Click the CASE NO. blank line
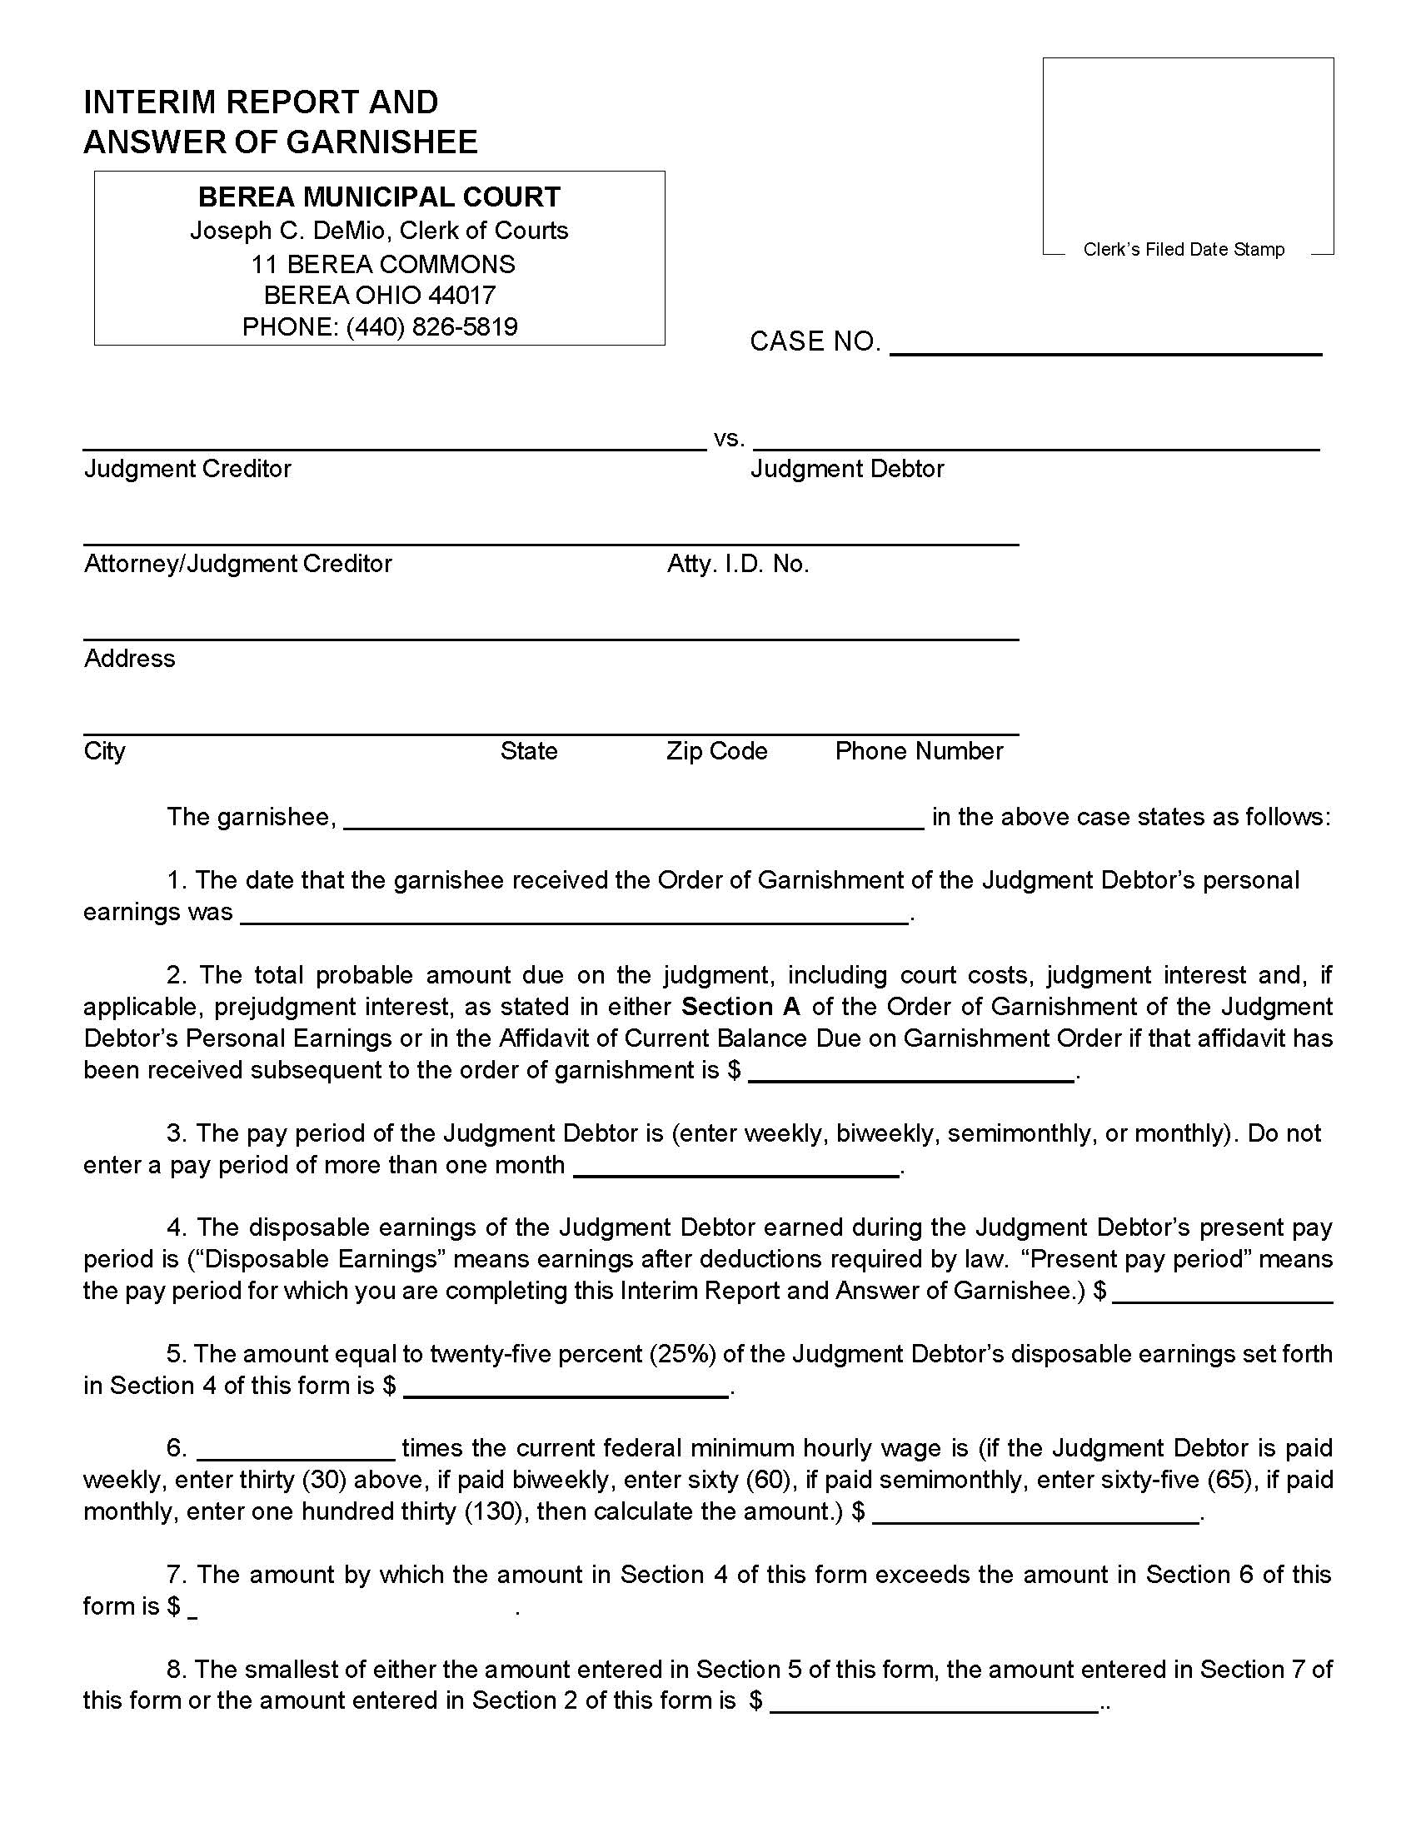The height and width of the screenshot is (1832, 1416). point(1104,347)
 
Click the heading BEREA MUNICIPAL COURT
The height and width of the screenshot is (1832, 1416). point(379,197)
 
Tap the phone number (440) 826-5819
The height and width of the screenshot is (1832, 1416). point(431,326)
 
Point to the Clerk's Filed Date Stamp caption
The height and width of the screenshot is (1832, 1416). point(1184,249)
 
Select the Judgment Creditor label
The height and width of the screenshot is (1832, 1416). point(187,468)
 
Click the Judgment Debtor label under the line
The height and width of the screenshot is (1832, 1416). point(847,468)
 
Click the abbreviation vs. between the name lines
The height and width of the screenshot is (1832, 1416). point(728,438)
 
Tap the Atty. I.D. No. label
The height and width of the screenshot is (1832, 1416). point(737,564)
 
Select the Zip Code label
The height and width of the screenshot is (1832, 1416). point(716,751)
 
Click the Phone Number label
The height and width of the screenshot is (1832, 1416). point(919,751)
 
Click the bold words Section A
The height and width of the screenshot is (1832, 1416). point(740,1006)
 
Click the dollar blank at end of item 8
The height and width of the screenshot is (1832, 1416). point(934,1704)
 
